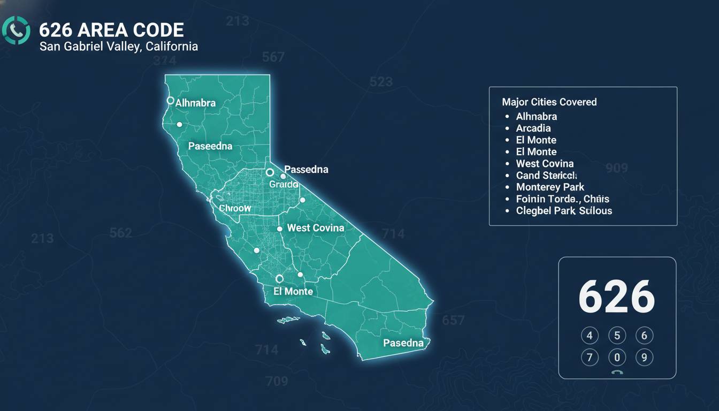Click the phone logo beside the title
click(17, 31)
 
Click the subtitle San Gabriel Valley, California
click(119, 47)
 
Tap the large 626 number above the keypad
click(616, 297)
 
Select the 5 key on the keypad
click(617, 336)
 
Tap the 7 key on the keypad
click(590, 357)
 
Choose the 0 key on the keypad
click(617, 357)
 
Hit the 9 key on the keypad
click(644, 357)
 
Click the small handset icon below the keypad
click(617, 373)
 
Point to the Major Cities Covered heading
click(549, 102)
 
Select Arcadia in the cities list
click(533, 128)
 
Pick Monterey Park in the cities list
click(550, 187)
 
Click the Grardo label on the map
click(284, 184)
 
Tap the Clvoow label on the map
click(235, 208)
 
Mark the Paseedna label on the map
click(210, 146)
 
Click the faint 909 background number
click(616, 168)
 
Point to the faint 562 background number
click(120, 233)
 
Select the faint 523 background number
click(381, 82)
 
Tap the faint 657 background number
click(453, 320)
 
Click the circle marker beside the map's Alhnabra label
click(170, 100)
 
